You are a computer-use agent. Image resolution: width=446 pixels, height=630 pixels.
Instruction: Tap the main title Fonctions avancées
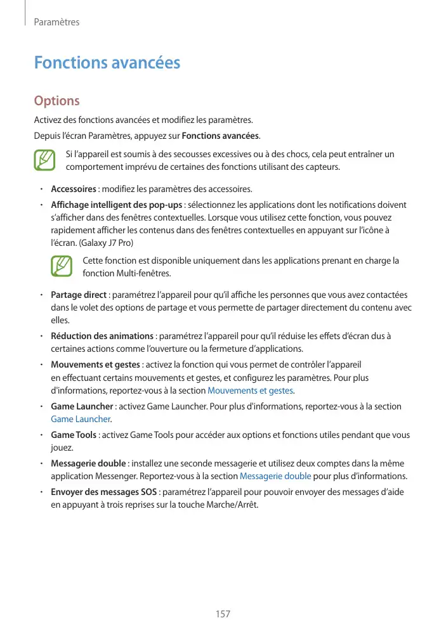tap(107, 63)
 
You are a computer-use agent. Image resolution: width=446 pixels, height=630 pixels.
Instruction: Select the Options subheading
tap(56, 101)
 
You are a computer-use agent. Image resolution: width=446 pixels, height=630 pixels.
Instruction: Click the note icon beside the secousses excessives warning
tap(44, 160)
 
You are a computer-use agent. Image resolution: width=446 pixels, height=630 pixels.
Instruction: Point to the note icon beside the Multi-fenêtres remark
tap(62, 266)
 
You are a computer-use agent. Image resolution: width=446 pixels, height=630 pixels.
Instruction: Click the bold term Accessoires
tap(74, 189)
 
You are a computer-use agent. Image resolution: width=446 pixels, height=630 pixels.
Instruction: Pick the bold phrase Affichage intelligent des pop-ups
tap(116, 205)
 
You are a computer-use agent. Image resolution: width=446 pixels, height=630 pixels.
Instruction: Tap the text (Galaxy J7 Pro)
tap(102, 243)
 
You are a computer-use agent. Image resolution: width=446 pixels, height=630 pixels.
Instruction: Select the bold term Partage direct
tap(78, 295)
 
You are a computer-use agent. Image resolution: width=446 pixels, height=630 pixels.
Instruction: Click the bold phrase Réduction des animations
tap(102, 336)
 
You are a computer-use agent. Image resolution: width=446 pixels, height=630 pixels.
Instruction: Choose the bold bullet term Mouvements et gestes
tap(95, 364)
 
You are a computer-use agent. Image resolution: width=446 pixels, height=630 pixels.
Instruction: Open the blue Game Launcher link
tap(80, 419)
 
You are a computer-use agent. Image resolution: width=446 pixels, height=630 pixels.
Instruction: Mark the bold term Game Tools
tap(74, 435)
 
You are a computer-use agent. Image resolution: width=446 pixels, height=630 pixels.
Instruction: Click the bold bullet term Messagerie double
tap(88, 463)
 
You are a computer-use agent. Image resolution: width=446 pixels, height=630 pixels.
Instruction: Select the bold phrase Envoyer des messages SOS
tap(104, 492)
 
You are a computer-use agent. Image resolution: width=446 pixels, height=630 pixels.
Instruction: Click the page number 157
tap(223, 614)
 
